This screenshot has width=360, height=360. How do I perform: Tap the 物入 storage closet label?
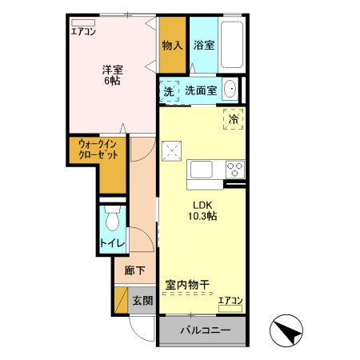pyautogui.click(x=171, y=46)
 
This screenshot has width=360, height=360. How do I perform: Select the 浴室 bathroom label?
pyautogui.click(x=203, y=46)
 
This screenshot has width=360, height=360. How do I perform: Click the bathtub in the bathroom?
pyautogui.click(x=231, y=46)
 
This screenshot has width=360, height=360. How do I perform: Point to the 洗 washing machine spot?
pyautogui.click(x=169, y=91)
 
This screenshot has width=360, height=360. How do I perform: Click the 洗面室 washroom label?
pyautogui.click(x=201, y=91)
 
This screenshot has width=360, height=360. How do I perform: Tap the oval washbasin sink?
pyautogui.click(x=230, y=90)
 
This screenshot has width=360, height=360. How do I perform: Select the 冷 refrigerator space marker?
pyautogui.click(x=233, y=118)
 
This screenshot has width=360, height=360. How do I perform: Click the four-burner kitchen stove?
pyautogui.click(x=234, y=170)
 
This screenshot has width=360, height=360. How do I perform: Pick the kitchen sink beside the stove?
pyautogui.click(x=200, y=170)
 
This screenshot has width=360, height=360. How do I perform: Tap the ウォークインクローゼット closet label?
pyautogui.click(x=97, y=149)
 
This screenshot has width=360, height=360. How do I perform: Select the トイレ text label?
pyautogui.click(x=110, y=241)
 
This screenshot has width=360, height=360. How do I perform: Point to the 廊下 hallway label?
pyautogui.click(x=134, y=270)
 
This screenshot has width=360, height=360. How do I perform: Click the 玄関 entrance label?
pyautogui.click(x=142, y=301)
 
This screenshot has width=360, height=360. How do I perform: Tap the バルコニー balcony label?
pyautogui.click(x=204, y=330)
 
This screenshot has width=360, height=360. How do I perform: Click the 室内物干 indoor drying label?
pyautogui.click(x=188, y=284)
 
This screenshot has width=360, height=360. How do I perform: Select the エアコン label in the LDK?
pyautogui.click(x=230, y=300)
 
